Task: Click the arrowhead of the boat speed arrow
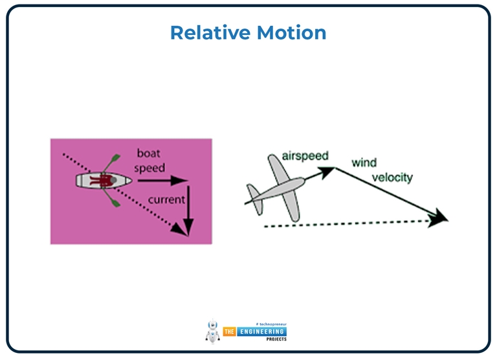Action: (183, 181)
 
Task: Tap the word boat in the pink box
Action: (149, 153)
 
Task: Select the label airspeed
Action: (305, 156)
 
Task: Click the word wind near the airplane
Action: (364, 163)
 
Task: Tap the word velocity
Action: (391, 177)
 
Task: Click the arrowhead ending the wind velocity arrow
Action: (441, 217)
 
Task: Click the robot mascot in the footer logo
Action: (212, 331)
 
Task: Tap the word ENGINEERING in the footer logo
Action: (262, 332)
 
